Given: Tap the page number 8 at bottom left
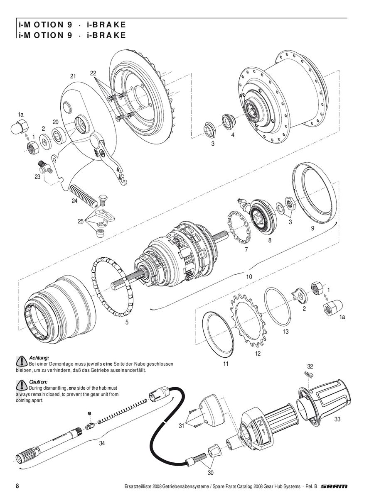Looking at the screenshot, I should point(17,486).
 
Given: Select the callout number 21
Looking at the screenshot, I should point(73,76).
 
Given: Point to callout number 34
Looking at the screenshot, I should point(102,443).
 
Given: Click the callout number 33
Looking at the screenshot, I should point(337,420).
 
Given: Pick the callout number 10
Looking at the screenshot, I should point(249,276).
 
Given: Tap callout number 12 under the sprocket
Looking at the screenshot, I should point(258,354).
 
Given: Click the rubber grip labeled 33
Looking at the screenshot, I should point(328,398).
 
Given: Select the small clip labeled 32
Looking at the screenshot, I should point(308,375).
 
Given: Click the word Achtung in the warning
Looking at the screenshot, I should point(39,357).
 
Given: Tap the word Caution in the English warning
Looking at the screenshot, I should point(38,381).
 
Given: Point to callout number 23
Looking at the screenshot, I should point(37,176).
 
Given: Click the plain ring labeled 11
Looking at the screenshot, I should point(219,332).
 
